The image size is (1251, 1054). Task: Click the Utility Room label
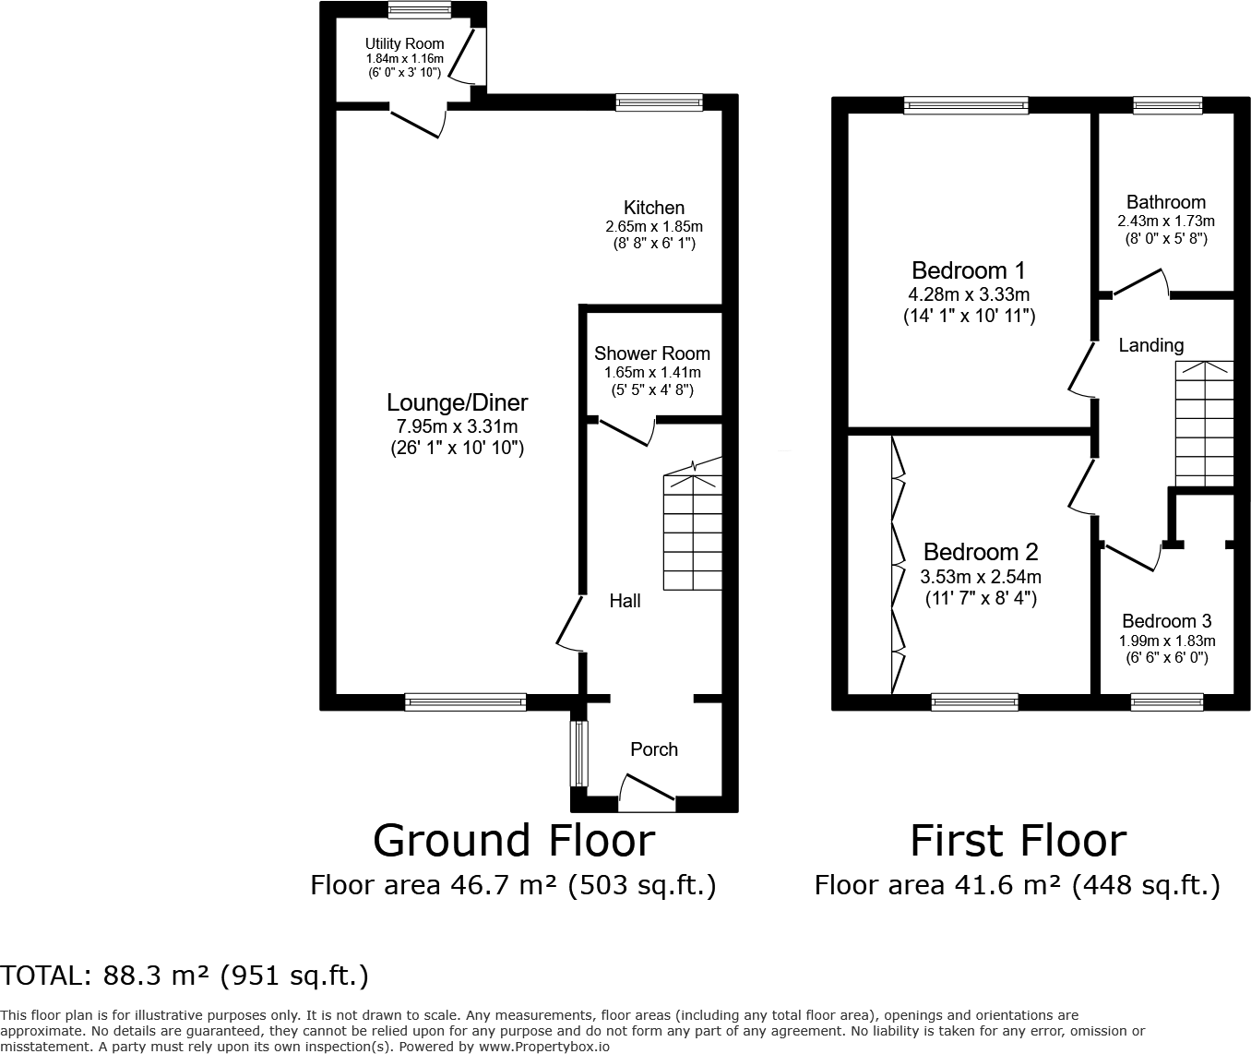(404, 43)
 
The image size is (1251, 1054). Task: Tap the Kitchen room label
(653, 208)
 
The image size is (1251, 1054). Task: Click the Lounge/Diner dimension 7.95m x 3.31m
(457, 426)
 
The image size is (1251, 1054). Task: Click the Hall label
(625, 601)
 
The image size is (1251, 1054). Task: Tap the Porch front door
(647, 793)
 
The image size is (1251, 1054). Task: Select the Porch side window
(578, 752)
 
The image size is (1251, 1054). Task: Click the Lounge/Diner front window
(465, 702)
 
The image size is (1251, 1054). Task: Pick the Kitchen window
(659, 103)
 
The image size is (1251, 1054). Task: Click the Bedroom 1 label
(968, 270)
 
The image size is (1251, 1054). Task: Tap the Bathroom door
(1140, 282)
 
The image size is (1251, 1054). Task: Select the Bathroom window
(1167, 105)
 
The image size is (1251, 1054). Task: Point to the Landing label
(1150, 345)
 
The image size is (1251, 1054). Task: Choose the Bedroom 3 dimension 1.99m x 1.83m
(1167, 641)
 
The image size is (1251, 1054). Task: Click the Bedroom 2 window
(974, 702)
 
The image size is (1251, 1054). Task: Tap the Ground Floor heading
(513, 841)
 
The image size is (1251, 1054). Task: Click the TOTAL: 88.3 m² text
(185, 976)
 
